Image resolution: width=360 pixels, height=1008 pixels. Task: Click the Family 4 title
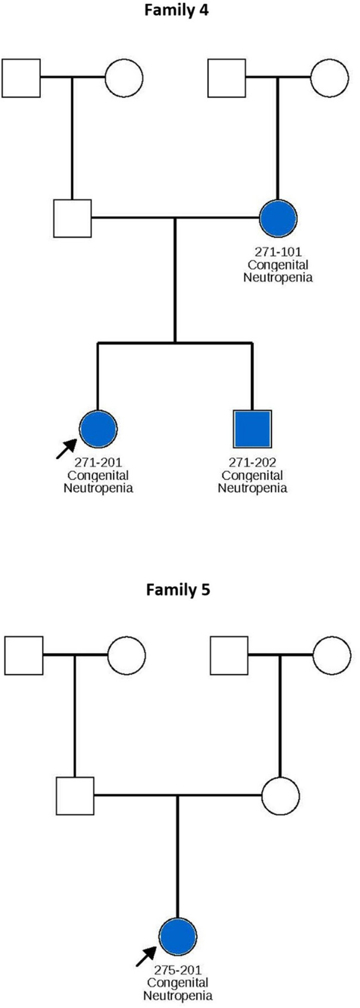click(x=177, y=11)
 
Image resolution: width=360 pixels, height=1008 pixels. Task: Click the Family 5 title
click(x=178, y=589)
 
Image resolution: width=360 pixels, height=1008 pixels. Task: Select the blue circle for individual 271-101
click(x=278, y=218)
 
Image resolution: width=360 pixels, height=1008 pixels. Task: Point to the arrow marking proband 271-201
click(x=66, y=449)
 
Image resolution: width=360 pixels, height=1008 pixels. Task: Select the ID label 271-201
click(x=98, y=463)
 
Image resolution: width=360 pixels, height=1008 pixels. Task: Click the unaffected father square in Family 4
click(x=72, y=218)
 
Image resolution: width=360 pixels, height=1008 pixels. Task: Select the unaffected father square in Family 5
click(x=75, y=796)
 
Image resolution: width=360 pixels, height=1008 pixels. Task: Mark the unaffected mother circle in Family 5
click(x=281, y=796)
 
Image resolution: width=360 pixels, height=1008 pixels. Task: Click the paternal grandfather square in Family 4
click(x=21, y=78)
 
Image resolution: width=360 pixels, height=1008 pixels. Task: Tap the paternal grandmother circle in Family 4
click(x=124, y=78)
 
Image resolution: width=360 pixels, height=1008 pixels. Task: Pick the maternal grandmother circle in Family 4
click(x=329, y=78)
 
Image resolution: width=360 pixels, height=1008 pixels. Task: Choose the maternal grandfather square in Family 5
click(x=229, y=655)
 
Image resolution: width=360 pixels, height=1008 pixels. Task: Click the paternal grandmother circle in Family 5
click(x=126, y=655)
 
